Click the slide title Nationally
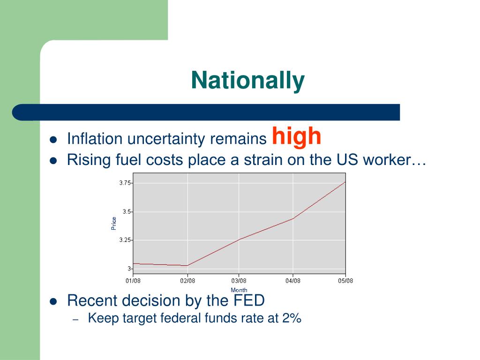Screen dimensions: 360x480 pyautogui.click(x=247, y=80)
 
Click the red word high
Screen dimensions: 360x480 pyautogui.click(x=297, y=136)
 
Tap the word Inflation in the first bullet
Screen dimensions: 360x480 pyautogui.click(x=94, y=139)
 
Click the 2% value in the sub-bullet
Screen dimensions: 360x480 pyautogui.click(x=292, y=318)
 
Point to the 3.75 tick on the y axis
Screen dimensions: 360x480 pyautogui.click(x=125, y=183)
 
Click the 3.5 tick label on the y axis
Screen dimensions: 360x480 pyautogui.click(x=126, y=211)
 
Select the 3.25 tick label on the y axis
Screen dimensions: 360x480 pyautogui.click(x=125, y=240)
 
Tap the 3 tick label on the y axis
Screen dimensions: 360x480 pyautogui.click(x=129, y=269)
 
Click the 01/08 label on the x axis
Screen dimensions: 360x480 pyautogui.click(x=133, y=281)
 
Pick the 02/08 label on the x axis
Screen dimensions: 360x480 pyautogui.click(x=187, y=281)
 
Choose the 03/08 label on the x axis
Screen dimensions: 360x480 pyautogui.click(x=239, y=281)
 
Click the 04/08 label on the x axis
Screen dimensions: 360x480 pyautogui.click(x=293, y=281)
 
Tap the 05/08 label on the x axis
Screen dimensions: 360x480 pyautogui.click(x=346, y=281)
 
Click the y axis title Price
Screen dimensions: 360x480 pyautogui.click(x=114, y=223)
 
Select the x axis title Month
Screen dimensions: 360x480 pyautogui.click(x=239, y=290)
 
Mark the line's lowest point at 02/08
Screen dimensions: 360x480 pyautogui.click(x=187, y=265)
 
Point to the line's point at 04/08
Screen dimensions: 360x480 pyautogui.click(x=293, y=218)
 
